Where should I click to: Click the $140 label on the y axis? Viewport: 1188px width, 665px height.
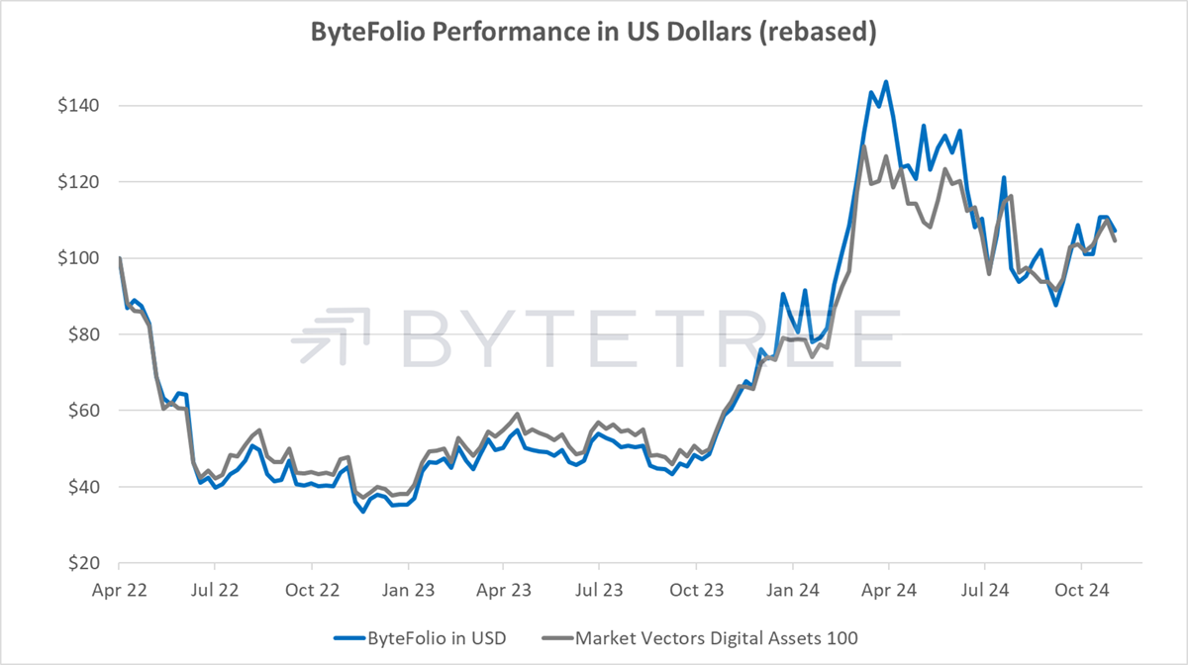click(78, 106)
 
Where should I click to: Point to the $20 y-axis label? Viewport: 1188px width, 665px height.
click(83, 563)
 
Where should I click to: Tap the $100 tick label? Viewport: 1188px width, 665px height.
click(78, 258)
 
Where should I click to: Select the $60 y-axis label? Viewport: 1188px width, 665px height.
click(83, 411)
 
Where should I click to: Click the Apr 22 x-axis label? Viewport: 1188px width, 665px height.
click(120, 590)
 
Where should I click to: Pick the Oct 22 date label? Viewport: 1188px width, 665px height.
click(312, 590)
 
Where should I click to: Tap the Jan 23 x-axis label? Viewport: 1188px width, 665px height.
click(408, 590)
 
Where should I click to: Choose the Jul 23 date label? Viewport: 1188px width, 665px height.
click(599, 590)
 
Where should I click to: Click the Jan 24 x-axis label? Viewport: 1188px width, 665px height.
click(792, 590)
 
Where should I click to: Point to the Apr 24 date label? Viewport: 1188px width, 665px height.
click(889, 590)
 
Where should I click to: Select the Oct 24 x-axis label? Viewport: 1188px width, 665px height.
click(1081, 590)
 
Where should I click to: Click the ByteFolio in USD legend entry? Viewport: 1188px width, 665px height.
click(420, 638)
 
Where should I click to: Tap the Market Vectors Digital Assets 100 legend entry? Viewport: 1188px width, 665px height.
click(700, 638)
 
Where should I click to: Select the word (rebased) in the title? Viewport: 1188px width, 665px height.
click(818, 33)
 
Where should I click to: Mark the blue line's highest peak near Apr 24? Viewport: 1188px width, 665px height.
click(886, 82)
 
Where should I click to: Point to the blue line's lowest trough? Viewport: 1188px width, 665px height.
click(362, 512)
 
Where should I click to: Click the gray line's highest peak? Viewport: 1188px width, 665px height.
click(864, 145)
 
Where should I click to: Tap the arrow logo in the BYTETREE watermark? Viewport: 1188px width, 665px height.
click(331, 335)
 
